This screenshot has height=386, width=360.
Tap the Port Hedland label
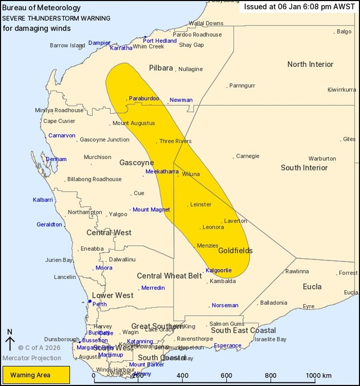(x=160, y=40)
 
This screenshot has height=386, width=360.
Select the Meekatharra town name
(x=162, y=172)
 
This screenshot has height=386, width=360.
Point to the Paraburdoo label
(x=144, y=99)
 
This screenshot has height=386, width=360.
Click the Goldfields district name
(x=235, y=251)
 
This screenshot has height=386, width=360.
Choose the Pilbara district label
(x=161, y=68)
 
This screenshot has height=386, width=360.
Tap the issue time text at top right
(x=299, y=7)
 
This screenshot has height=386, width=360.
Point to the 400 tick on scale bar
(x=182, y=375)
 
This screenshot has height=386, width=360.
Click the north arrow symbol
(x=10, y=343)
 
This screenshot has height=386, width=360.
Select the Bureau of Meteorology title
(x=41, y=8)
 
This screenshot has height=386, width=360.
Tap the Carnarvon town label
(x=62, y=135)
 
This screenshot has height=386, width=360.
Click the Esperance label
(x=227, y=346)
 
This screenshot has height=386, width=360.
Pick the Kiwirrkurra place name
(x=342, y=89)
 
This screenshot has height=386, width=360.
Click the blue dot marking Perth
(x=89, y=301)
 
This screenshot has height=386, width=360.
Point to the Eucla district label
(x=312, y=286)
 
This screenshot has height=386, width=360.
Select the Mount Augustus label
(x=134, y=123)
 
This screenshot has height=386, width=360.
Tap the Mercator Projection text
(x=31, y=358)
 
